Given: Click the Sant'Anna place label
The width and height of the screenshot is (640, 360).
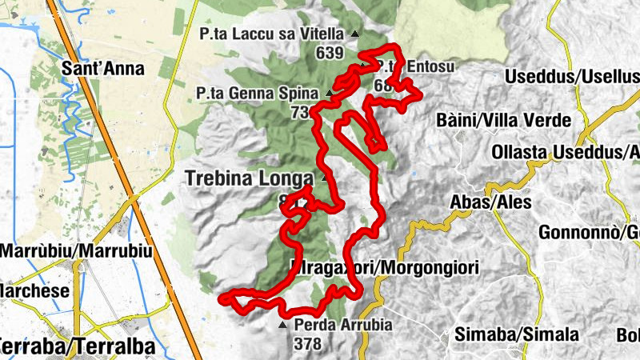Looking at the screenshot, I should [x=102, y=69].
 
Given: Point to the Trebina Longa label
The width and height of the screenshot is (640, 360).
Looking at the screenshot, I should [x=250, y=178].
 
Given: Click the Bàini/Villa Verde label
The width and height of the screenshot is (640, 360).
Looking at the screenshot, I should [x=504, y=121].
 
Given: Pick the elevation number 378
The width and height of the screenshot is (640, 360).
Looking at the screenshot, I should [x=307, y=345].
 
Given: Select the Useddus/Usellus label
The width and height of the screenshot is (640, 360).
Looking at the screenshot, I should [x=573, y=77].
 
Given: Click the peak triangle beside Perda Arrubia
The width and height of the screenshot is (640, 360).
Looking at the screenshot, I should [x=282, y=326].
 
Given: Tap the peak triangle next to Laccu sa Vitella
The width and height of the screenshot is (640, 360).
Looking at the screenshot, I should [x=355, y=34].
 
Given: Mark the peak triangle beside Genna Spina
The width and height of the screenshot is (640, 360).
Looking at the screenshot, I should [x=329, y=94].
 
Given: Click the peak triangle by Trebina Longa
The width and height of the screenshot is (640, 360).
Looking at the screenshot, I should [x=325, y=178].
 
